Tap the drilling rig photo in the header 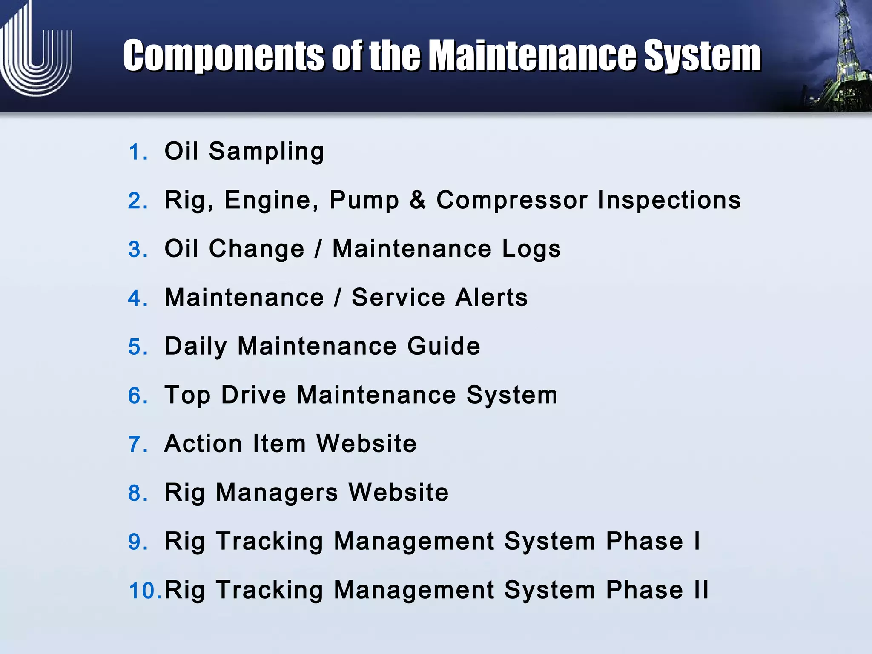point(835,60)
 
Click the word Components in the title point(224,56)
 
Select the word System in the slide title point(702,56)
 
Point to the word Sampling point(267,152)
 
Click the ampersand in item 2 point(418,200)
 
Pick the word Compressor point(512,200)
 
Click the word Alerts point(491,298)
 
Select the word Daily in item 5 point(196,347)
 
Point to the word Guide point(444,346)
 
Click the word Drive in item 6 point(254,395)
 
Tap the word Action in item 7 point(204,444)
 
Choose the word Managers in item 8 point(277,493)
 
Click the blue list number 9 point(138,542)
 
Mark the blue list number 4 point(138,298)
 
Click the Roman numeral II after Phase point(701,590)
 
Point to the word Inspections point(669,200)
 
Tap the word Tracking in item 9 point(270,542)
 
